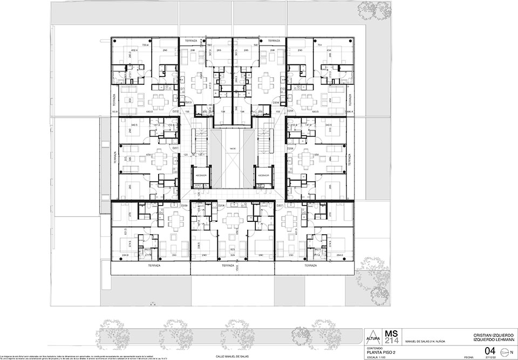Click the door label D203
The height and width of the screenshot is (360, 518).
point(188,102)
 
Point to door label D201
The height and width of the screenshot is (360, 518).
point(175,148)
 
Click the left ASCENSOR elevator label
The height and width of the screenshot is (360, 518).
point(200,175)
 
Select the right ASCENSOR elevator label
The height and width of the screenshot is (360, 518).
point(263,175)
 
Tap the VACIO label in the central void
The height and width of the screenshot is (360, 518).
point(232,148)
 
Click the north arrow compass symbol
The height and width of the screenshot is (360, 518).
point(505,352)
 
